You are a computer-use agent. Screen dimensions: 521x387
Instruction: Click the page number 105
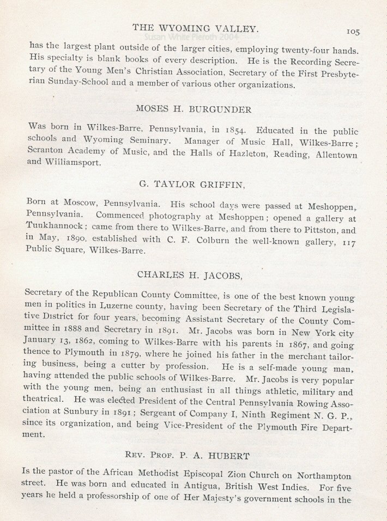point(353,32)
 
